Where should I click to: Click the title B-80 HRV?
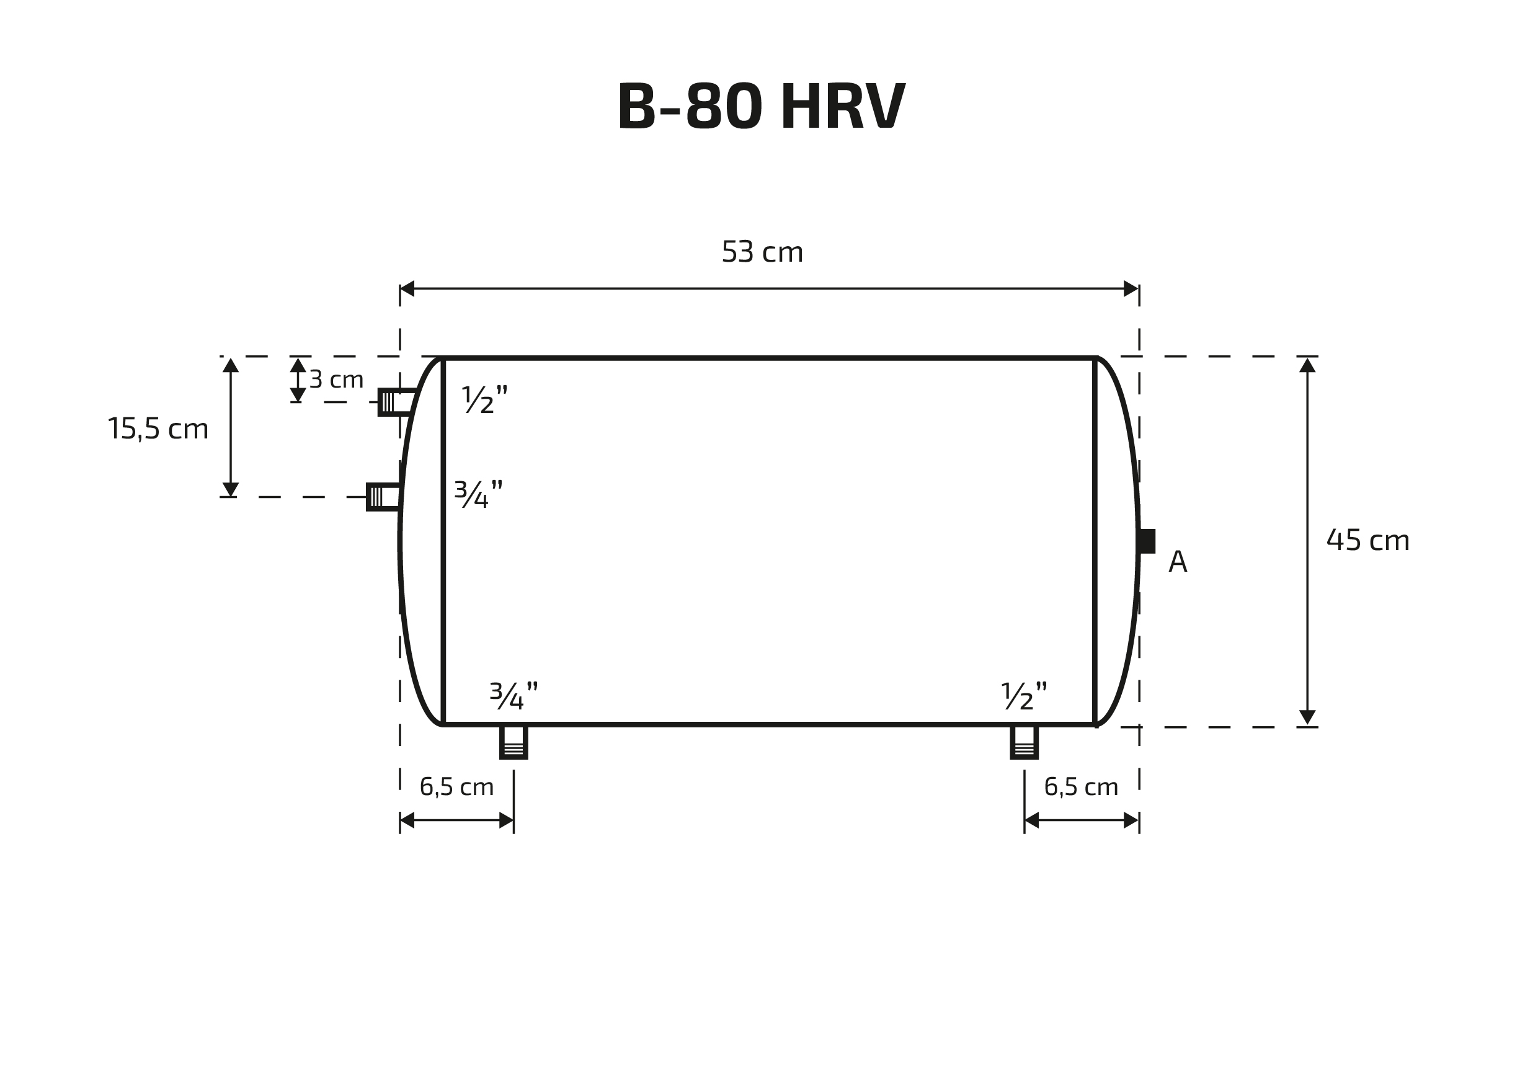pos(761,106)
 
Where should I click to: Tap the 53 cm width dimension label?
pos(762,252)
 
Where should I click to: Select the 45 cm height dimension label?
pos(1368,540)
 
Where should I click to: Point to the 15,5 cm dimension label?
pos(158,429)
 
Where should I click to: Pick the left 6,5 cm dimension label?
pos(457,786)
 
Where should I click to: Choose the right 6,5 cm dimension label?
pos(1081,786)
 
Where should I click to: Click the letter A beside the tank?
pos(1178,561)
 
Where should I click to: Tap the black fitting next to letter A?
pos(1147,541)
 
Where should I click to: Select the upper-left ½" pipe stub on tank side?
pos(396,402)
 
